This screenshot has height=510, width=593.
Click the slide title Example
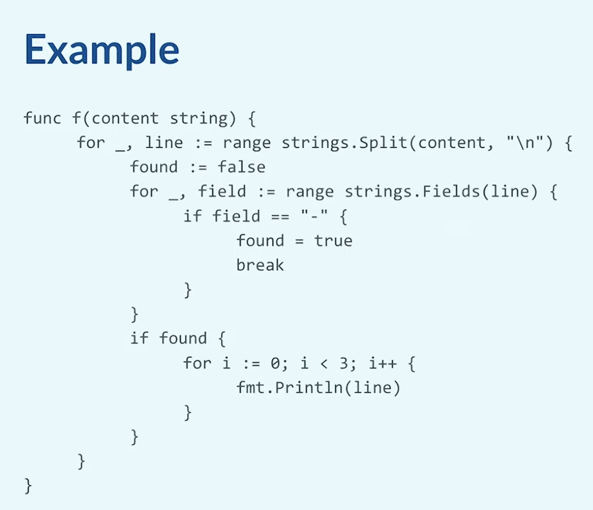(x=102, y=50)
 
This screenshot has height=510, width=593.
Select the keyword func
(x=42, y=118)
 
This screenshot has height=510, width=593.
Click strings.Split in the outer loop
(x=344, y=143)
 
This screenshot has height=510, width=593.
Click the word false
(x=242, y=167)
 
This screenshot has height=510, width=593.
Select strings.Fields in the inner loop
(x=413, y=191)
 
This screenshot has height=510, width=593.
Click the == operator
(x=280, y=216)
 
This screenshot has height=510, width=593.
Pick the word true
(x=333, y=241)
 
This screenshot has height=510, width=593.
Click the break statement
(x=260, y=265)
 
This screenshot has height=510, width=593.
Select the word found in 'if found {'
(x=183, y=338)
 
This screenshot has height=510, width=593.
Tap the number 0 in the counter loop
(x=275, y=364)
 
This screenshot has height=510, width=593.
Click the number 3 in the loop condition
(x=344, y=364)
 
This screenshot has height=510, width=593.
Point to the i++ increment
(x=383, y=364)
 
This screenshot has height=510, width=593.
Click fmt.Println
(x=289, y=387)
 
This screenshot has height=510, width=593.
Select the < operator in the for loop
(x=324, y=364)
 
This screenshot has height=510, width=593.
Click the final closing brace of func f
(x=28, y=486)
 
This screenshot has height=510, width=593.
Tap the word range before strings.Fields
(x=310, y=192)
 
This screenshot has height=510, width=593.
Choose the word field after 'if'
(x=236, y=216)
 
